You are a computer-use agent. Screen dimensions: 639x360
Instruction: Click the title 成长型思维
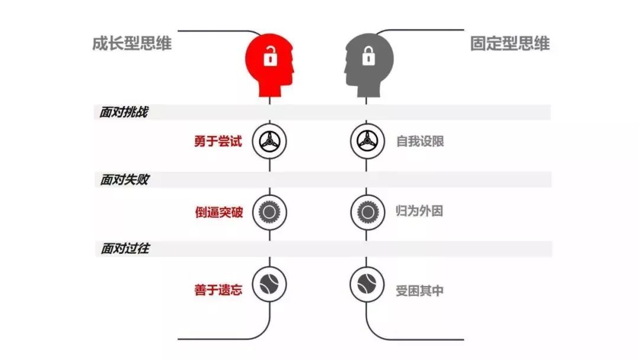[x=131, y=43]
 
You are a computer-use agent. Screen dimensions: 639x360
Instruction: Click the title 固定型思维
[x=510, y=43]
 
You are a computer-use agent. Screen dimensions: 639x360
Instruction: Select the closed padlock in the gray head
[x=368, y=56]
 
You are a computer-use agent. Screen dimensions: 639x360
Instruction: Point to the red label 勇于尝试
[x=218, y=142]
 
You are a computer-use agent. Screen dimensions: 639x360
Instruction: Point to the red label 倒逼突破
[x=218, y=211]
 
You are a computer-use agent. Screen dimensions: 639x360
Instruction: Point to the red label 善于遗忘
[x=218, y=290]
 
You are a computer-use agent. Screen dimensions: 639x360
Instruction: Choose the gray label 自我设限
[x=419, y=142]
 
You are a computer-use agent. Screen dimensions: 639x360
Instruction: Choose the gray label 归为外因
[x=419, y=211]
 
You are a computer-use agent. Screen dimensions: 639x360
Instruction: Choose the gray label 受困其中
[x=419, y=291]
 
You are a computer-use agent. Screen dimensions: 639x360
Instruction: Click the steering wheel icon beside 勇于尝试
[x=270, y=141]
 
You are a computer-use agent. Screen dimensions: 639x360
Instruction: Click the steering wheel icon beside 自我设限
[x=367, y=141]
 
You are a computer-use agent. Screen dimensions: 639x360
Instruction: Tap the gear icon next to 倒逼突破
[x=270, y=211]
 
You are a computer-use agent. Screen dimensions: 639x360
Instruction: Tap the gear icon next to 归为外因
[x=367, y=211]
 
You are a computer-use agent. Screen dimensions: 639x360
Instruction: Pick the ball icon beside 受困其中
[x=367, y=284]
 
